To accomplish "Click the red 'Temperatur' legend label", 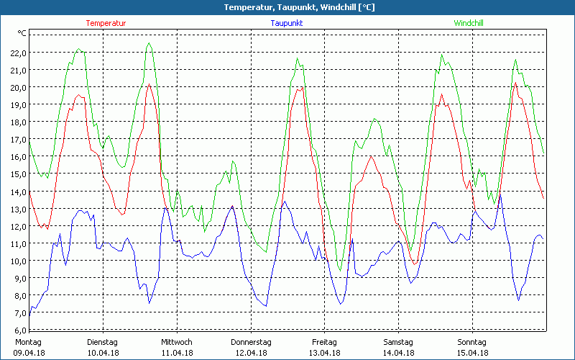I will [106, 23].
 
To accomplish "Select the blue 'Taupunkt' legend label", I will [286, 23].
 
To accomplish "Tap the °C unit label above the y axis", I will [22, 33].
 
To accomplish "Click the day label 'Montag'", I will [28, 342].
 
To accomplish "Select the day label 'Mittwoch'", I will [177, 342].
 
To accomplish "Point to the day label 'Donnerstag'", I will [251, 342].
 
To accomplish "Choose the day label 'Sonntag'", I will [472, 342].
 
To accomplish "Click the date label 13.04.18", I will [325, 353].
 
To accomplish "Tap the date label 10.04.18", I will [103, 353].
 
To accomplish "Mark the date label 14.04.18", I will [398, 353].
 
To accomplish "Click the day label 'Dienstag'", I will [103, 342].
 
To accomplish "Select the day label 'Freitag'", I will [325, 342].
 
